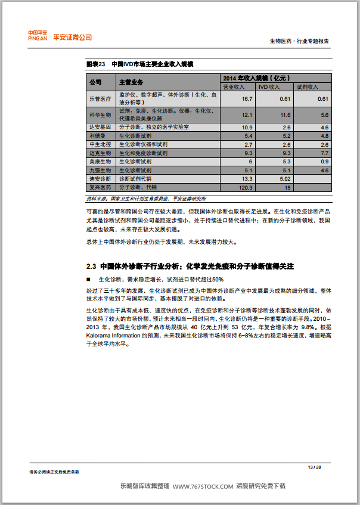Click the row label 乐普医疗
click(x=100, y=98)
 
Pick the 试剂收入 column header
click(x=308, y=86)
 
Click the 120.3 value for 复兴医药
click(x=246, y=187)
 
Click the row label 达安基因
click(x=100, y=128)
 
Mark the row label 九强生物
click(x=100, y=170)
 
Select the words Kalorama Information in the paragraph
click(x=114, y=335)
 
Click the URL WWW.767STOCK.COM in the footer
click(x=203, y=487)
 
